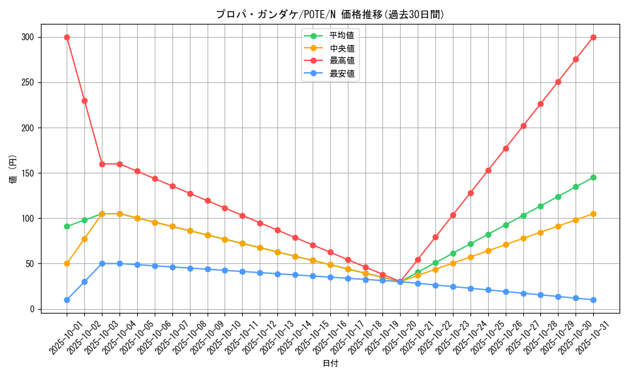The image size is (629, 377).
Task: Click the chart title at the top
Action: point(330,14)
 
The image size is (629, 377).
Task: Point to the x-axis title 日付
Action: point(330,364)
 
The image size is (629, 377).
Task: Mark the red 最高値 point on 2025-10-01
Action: point(67,37)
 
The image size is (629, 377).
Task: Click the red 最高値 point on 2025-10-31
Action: point(593,37)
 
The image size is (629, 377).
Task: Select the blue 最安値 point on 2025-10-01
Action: point(67,300)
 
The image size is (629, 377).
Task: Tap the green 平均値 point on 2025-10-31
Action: point(593,177)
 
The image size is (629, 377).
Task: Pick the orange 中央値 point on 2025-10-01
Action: point(67,263)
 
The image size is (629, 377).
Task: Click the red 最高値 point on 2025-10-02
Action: point(84,101)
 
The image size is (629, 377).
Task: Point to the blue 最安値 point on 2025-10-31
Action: point(593,300)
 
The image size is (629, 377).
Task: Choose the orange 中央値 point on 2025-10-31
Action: point(593,214)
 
